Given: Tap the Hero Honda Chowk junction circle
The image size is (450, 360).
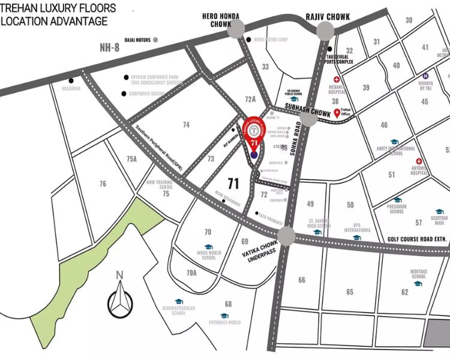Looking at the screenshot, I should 236,28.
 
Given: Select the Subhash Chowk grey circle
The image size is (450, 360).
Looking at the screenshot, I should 308,118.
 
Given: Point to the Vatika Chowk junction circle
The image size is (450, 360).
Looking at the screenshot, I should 286,236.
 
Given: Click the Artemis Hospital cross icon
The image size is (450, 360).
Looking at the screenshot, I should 422,161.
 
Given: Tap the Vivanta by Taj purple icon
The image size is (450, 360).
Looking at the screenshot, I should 425,76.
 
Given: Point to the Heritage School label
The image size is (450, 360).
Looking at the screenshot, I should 419,274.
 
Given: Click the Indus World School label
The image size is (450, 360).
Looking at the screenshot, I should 209,255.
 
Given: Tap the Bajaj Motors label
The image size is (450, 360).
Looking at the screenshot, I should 137,40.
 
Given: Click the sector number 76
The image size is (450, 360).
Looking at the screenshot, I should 103,184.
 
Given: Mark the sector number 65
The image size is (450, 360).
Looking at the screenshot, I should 350,292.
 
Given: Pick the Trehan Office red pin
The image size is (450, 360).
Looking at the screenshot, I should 337,112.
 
